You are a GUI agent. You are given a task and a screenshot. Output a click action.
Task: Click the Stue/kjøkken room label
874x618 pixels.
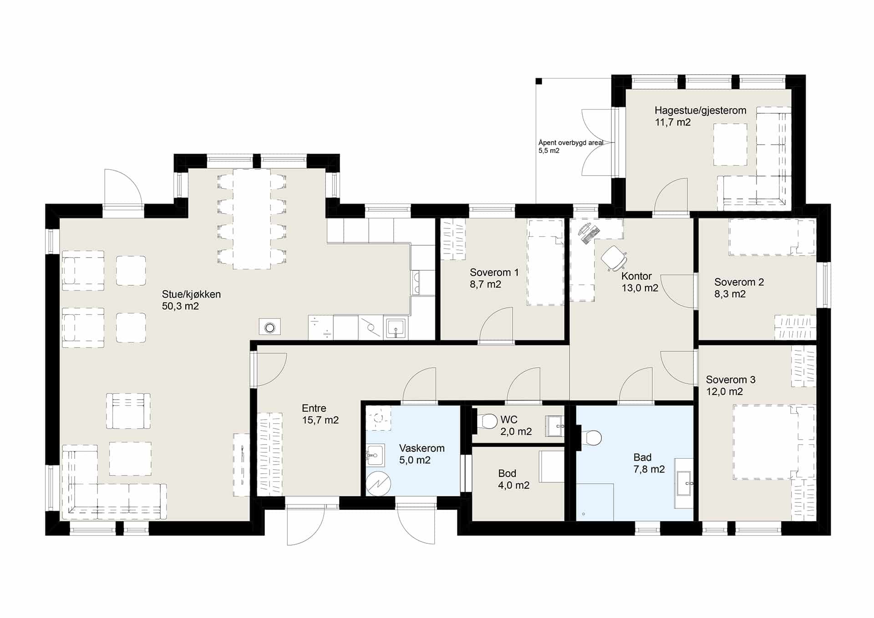(x=191, y=294)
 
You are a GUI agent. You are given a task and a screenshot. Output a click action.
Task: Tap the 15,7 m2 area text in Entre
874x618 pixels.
(x=320, y=420)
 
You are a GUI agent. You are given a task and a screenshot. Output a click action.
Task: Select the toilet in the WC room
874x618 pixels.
(x=487, y=421)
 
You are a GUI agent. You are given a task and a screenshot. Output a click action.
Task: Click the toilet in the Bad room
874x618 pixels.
(x=591, y=438)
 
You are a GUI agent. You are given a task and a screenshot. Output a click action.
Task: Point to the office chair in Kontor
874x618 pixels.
(x=614, y=258)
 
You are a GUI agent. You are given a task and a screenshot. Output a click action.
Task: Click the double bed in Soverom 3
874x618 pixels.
(x=773, y=442)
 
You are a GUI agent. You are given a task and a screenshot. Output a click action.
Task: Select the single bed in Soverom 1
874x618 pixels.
(x=545, y=263)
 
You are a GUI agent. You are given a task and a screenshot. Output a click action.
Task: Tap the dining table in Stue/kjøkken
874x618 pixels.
(x=252, y=219)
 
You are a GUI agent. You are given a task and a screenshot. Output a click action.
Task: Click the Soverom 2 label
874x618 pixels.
(x=739, y=282)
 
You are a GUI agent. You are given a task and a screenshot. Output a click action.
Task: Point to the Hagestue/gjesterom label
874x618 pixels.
(x=700, y=111)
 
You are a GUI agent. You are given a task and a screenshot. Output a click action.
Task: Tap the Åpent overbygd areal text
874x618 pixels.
(x=571, y=143)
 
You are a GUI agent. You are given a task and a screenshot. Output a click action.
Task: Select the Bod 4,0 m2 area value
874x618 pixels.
(x=513, y=486)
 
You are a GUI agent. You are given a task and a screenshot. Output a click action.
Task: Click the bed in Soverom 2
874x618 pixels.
(x=772, y=237)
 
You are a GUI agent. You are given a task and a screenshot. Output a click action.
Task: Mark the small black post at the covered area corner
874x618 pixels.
(x=539, y=81)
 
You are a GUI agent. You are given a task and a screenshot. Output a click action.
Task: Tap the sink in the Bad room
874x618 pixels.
(x=684, y=483)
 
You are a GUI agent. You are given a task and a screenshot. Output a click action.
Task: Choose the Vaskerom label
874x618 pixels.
(x=422, y=448)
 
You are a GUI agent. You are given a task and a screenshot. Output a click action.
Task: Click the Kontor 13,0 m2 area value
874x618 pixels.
(x=640, y=288)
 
